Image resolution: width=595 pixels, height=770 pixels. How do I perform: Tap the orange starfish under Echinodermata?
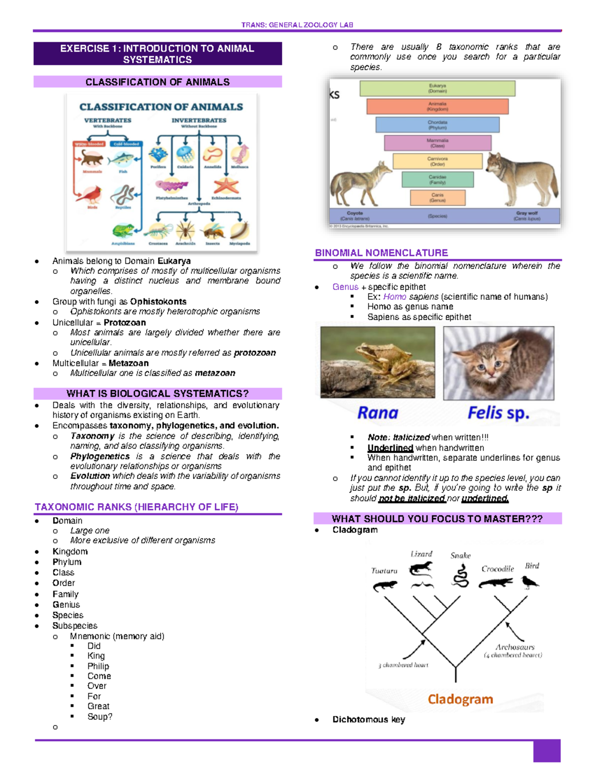tap(226, 185)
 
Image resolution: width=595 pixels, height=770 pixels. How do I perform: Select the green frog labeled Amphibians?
tap(122, 231)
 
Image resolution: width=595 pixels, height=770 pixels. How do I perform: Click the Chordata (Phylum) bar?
tap(437, 124)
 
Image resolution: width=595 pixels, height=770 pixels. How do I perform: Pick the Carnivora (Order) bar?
tap(437, 161)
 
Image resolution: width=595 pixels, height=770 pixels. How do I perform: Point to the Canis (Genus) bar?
tap(437, 197)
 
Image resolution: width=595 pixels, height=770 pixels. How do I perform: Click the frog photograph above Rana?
tap(377, 362)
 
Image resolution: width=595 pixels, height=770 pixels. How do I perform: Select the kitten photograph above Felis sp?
tap(498, 363)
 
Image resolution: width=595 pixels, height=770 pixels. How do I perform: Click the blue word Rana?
tap(378, 413)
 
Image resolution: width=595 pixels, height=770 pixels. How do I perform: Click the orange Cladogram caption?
tap(460, 699)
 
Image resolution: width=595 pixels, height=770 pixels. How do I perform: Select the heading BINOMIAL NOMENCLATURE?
tap(381, 253)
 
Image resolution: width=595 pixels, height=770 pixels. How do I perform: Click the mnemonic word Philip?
tap(98, 666)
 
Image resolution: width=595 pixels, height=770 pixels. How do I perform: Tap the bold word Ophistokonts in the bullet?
tap(158, 301)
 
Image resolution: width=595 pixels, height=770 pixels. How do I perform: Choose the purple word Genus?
tap(345, 287)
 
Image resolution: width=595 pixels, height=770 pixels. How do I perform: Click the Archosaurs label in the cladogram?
tap(515, 647)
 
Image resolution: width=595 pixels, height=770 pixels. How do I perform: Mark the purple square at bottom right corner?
tap(546, 751)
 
